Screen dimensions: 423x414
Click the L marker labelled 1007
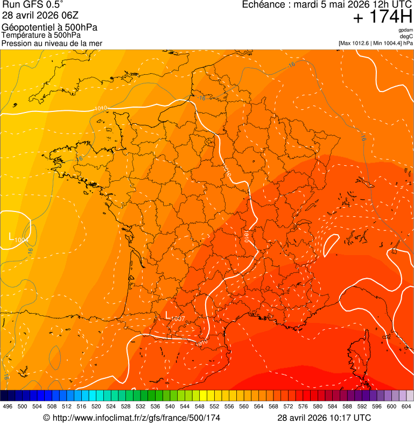point(169,315)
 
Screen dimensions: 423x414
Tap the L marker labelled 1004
point(12,236)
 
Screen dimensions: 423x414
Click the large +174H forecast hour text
point(382,17)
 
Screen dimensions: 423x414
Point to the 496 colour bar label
point(8,406)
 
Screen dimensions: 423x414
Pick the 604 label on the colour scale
point(406,406)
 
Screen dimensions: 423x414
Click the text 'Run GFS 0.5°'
point(33,5)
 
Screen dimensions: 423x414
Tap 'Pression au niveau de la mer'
point(52,43)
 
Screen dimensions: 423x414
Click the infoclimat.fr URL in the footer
point(131,418)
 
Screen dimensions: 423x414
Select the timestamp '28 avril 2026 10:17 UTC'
point(324,418)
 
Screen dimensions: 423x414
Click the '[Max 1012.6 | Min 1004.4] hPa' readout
point(375,43)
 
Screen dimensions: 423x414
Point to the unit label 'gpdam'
point(405,30)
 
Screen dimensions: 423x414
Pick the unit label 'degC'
point(406,36)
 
